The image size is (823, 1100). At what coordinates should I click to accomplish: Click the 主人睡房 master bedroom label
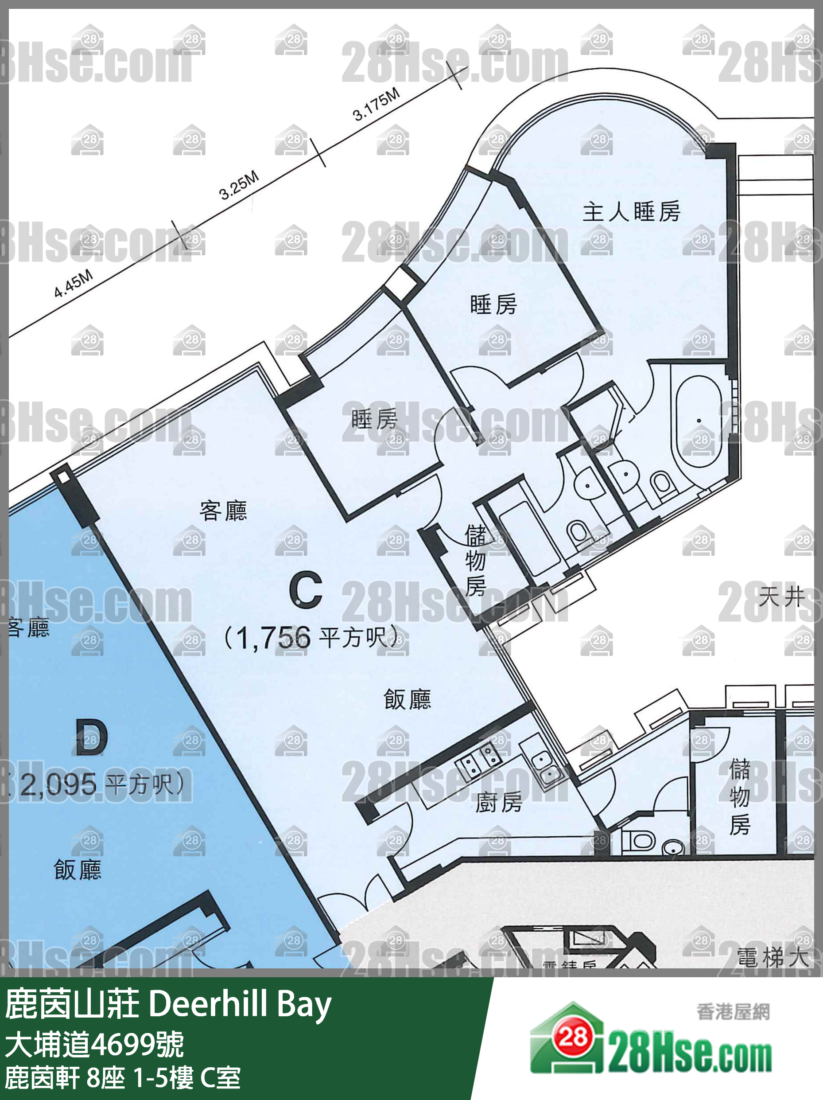[631, 212]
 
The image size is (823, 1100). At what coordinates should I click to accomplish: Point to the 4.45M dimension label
[74, 284]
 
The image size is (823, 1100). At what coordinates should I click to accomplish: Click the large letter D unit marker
[91, 738]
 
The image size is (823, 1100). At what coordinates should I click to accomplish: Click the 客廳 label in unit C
[223, 511]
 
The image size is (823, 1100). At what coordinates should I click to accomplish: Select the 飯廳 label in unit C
[407, 700]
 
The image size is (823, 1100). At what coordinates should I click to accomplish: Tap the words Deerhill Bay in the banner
[240, 1004]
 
